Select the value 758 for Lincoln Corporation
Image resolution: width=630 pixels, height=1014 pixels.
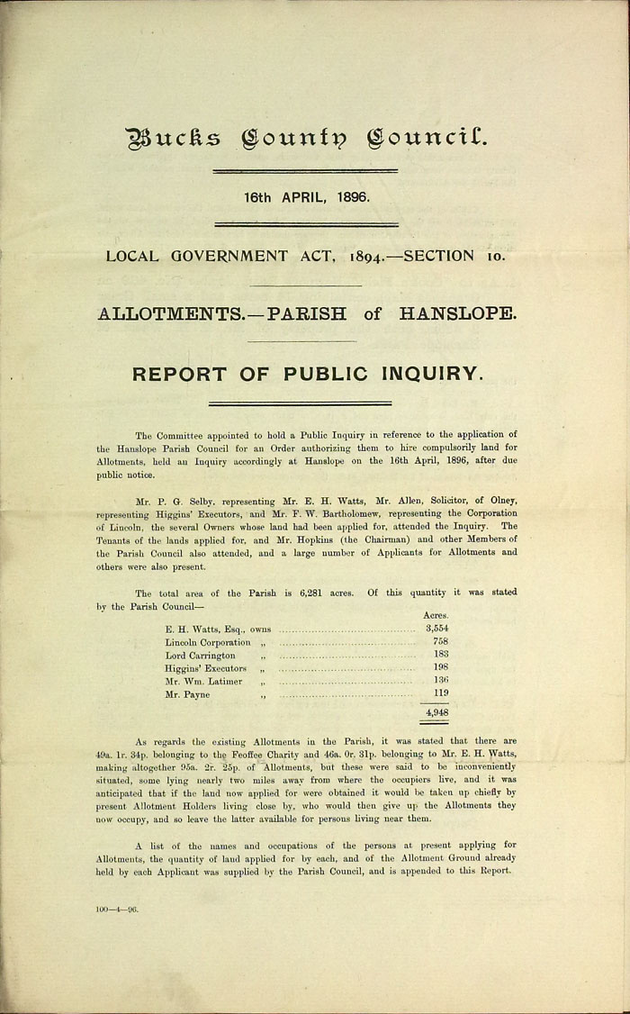(x=440, y=641)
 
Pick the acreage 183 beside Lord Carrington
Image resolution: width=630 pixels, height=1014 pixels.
(x=440, y=655)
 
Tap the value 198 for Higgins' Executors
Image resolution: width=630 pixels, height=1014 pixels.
(x=440, y=668)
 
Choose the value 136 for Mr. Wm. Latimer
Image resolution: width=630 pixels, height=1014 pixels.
(x=440, y=681)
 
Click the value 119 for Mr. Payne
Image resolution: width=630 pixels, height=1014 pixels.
(x=440, y=694)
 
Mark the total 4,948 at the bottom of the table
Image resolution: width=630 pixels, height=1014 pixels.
(x=436, y=712)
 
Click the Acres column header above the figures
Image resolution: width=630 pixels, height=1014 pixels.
(x=436, y=614)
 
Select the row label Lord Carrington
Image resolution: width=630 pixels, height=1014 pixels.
(x=200, y=656)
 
